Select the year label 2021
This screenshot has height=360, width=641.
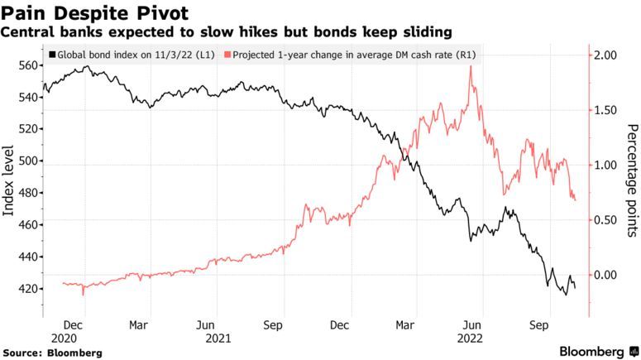[218, 338]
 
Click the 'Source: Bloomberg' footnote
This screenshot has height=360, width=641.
[52, 353]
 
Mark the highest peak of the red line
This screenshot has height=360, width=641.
[471, 66]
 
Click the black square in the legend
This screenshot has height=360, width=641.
[53, 55]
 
